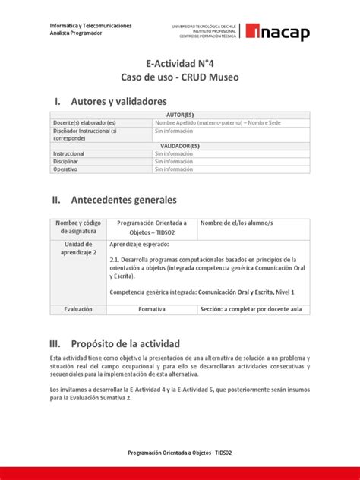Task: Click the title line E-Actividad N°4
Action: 179,65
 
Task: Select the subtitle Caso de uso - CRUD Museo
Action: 179,78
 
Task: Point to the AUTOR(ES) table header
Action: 179,115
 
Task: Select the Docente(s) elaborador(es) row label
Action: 84,122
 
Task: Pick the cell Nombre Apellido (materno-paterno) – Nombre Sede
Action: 216,122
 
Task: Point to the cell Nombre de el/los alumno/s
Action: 235,223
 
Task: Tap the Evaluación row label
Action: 78,310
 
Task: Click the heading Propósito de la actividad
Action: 125,343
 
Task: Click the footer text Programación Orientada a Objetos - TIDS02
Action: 179,453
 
